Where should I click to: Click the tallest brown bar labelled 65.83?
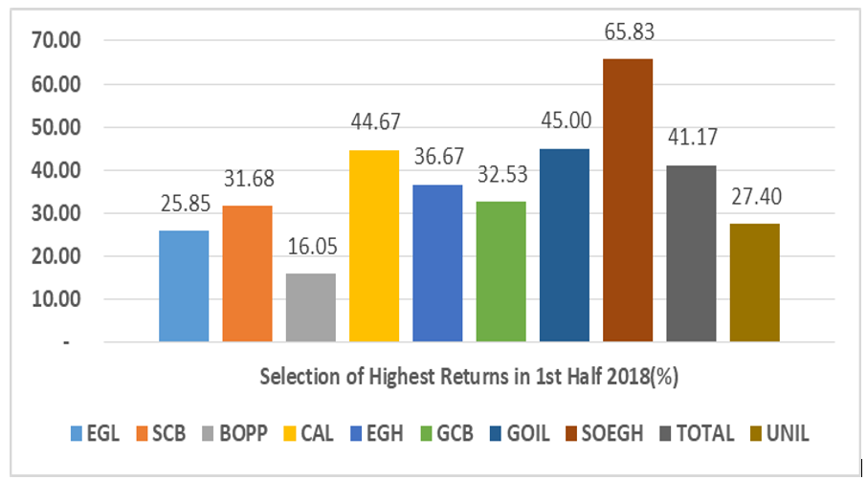point(628,200)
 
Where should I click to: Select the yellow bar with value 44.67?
point(374,246)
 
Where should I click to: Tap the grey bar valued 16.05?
point(311,307)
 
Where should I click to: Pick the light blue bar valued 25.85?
point(184,286)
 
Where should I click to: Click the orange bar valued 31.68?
point(247,273)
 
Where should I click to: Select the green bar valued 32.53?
point(501,272)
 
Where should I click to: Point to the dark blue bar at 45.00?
point(565,245)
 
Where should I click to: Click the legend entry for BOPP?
point(315,433)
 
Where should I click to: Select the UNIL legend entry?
point(788,433)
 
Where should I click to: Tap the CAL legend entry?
point(389,433)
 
